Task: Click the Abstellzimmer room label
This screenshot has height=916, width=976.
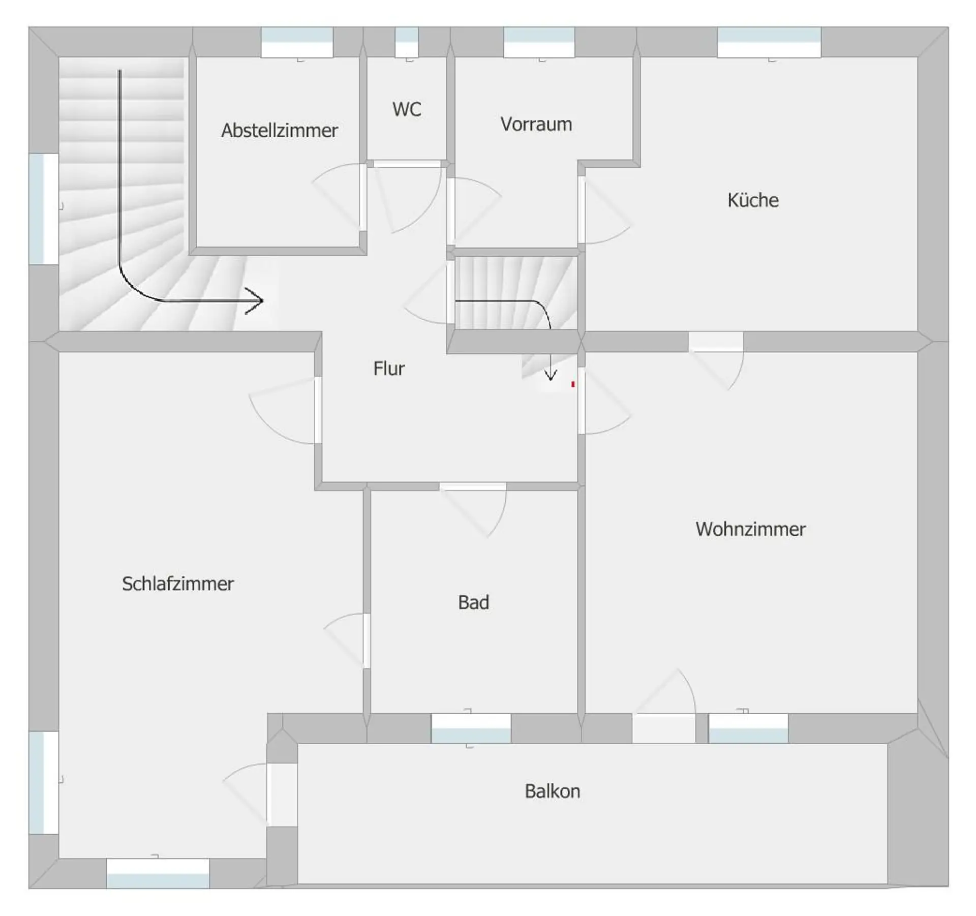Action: pos(279,131)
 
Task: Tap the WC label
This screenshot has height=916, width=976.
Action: pos(407,109)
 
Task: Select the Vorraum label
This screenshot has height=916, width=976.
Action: pos(536,124)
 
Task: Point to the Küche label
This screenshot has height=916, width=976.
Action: pos(753,200)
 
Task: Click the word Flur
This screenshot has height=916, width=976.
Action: pos(389,369)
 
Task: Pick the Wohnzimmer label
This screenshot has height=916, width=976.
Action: pos(750,529)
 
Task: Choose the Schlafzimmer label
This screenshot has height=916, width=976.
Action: pos(178,584)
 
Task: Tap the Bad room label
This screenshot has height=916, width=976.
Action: pos(473,602)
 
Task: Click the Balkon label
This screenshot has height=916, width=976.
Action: pos(552,791)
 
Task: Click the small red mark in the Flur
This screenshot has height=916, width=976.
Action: pos(573,384)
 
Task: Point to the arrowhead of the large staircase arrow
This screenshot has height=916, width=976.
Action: pos(256,301)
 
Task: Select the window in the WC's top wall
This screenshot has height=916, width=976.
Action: pos(407,42)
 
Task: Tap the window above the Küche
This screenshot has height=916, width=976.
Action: pos(769,42)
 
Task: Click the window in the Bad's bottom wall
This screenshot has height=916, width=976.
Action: pos(471,728)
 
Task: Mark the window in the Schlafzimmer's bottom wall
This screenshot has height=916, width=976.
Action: pos(158,874)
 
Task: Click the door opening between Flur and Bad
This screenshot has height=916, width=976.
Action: pos(473,486)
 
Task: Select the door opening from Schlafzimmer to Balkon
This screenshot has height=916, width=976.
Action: pos(282,795)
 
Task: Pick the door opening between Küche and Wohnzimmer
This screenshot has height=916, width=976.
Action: pos(716,342)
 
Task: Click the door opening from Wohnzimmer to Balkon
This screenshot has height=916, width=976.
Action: pos(664,728)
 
